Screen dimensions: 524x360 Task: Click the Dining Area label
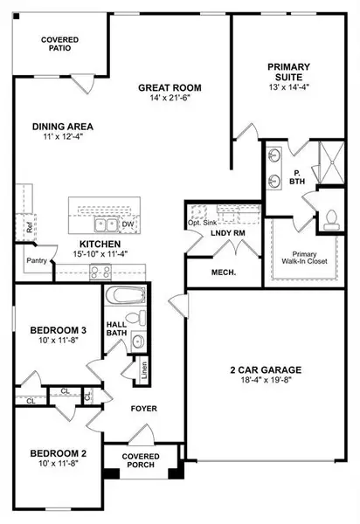[x=62, y=126]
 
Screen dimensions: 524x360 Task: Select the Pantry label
[x=35, y=260]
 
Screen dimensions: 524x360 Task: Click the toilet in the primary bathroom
[x=333, y=218]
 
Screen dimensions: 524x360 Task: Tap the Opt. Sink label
[x=202, y=224]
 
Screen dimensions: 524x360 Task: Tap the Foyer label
[x=144, y=408]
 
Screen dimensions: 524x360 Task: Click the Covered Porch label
[x=140, y=460]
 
